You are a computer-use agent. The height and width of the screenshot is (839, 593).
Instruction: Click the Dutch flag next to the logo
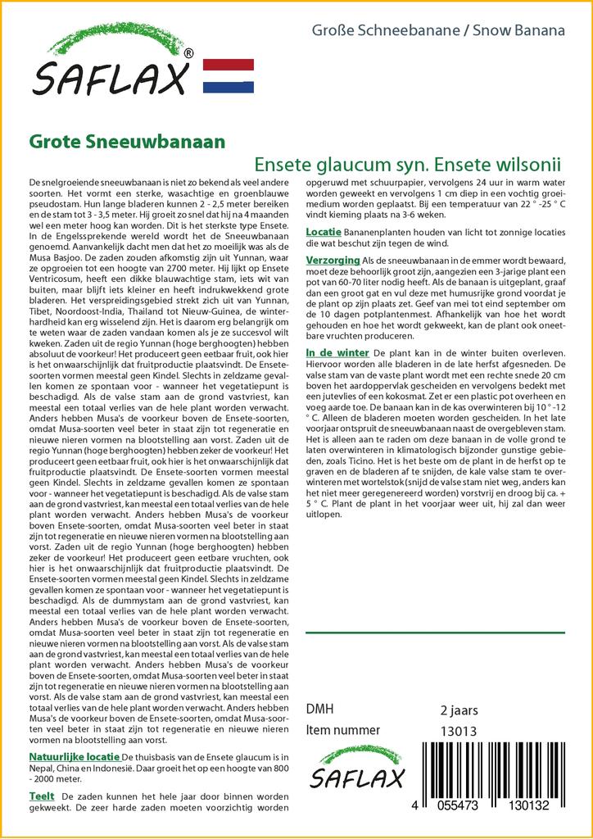click(228, 76)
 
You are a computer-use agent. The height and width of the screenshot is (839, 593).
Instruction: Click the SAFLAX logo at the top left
click(110, 66)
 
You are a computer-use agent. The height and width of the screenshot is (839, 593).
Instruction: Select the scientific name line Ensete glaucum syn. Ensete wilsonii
click(407, 161)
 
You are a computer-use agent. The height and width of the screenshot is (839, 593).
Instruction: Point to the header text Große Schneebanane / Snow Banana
click(438, 31)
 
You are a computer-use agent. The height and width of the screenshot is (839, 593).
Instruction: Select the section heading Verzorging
click(332, 259)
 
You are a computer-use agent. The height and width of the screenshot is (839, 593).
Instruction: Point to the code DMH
click(319, 710)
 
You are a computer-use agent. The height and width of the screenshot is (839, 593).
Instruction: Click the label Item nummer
click(342, 730)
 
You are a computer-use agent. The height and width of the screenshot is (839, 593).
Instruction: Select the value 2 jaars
click(459, 710)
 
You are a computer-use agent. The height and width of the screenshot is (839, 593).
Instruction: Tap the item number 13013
click(459, 730)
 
